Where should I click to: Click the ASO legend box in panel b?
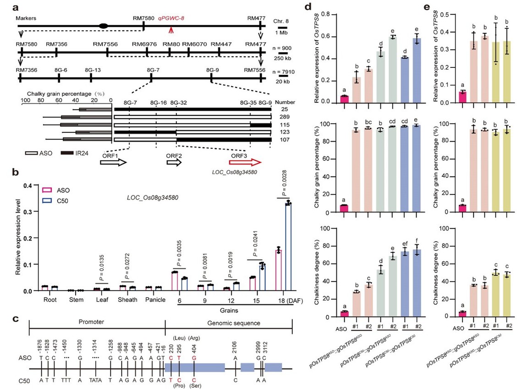pos(46,189)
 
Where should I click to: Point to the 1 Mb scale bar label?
pos(285,33)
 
